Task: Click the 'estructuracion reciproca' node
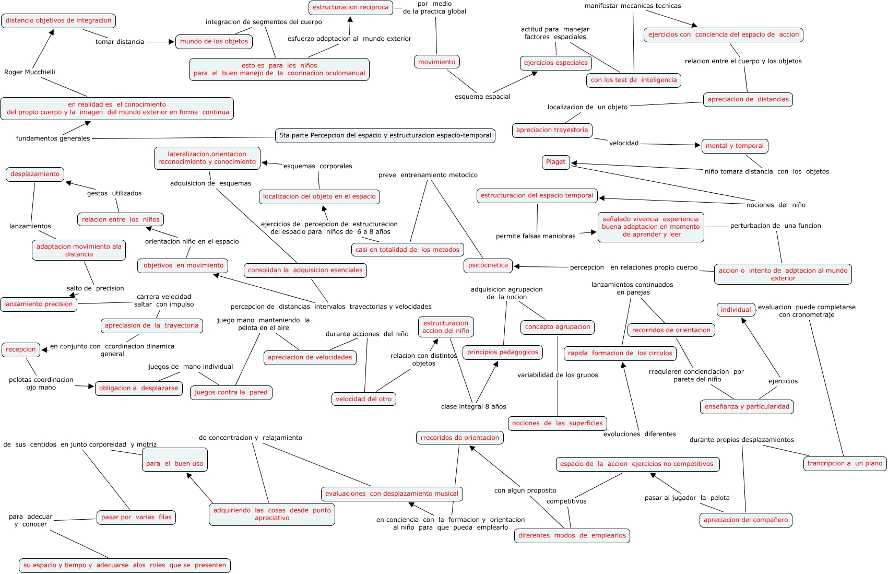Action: click(350, 8)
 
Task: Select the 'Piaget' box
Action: click(555, 162)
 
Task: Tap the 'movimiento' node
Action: click(436, 62)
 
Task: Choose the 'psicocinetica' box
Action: click(488, 265)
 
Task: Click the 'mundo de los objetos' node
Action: click(214, 42)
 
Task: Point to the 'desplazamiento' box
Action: click(35, 174)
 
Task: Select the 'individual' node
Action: click(736, 310)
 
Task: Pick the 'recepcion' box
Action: click(21, 349)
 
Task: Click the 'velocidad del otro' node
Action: click(363, 399)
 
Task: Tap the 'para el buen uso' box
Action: click(174, 463)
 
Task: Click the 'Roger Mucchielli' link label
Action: click(30, 72)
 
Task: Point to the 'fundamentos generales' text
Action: click(53, 138)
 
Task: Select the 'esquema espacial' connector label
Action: click(482, 97)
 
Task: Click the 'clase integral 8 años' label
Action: click(473, 407)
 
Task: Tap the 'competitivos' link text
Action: click(566, 501)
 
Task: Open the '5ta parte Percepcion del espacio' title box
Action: click(385, 136)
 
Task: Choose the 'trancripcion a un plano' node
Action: click(844, 463)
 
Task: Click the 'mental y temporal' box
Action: click(734, 146)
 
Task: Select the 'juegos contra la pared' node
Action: click(231, 393)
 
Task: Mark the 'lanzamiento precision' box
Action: click(39, 304)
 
